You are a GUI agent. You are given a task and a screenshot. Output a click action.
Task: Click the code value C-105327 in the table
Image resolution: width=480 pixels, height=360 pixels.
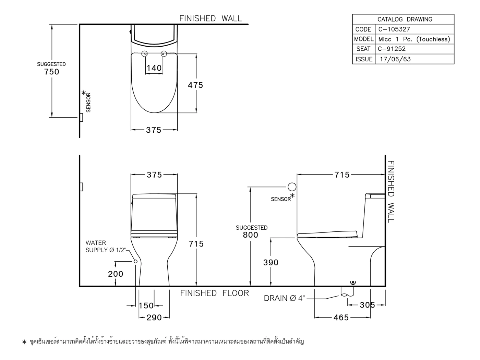pos(394,29)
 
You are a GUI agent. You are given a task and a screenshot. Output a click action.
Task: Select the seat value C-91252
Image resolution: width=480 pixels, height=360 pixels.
pos(392,49)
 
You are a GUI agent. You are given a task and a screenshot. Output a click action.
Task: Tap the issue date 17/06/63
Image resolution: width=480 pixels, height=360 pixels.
pos(395,59)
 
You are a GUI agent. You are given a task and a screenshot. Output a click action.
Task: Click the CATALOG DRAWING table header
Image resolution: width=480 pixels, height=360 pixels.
pos(405,19)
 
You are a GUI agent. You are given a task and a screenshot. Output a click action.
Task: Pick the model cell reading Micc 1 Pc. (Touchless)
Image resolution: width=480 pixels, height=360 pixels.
pos(414,39)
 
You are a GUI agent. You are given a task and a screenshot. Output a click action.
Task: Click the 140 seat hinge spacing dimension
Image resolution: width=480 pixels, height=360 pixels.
pos(154,68)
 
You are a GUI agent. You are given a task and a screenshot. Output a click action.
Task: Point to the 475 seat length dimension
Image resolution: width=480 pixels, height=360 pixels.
pos(195,85)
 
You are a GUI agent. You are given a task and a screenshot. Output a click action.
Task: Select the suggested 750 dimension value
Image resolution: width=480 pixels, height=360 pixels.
pos(52,72)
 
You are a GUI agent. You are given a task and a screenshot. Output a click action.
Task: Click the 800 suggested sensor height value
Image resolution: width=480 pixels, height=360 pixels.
pos(250,235)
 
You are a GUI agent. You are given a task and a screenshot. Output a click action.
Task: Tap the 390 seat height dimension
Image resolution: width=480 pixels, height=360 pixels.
pos(271,262)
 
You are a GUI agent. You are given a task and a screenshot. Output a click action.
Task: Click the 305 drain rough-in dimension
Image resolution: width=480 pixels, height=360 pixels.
pos(367,305)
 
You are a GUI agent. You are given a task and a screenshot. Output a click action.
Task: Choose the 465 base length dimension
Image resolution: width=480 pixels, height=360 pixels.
pos(341,317)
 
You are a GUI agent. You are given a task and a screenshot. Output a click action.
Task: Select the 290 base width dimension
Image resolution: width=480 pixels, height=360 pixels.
pos(154,317)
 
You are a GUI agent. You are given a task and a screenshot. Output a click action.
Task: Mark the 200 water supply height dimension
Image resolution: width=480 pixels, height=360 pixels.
pos(116,274)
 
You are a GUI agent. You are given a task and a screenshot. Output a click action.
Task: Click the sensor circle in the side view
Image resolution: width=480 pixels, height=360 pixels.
pos(292,187)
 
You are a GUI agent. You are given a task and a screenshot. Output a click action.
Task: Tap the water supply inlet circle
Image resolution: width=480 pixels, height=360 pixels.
pos(135,261)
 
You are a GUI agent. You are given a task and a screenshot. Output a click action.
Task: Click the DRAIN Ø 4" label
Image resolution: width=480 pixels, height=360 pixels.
pos(284,298)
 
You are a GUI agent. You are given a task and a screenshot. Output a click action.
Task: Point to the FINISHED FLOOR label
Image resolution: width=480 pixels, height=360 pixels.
pos(215,293)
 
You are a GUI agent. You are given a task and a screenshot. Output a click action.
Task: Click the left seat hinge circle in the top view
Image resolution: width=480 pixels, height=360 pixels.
pos(145,53)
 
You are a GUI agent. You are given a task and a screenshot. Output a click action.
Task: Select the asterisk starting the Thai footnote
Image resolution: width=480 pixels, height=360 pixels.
pos(24,341)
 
